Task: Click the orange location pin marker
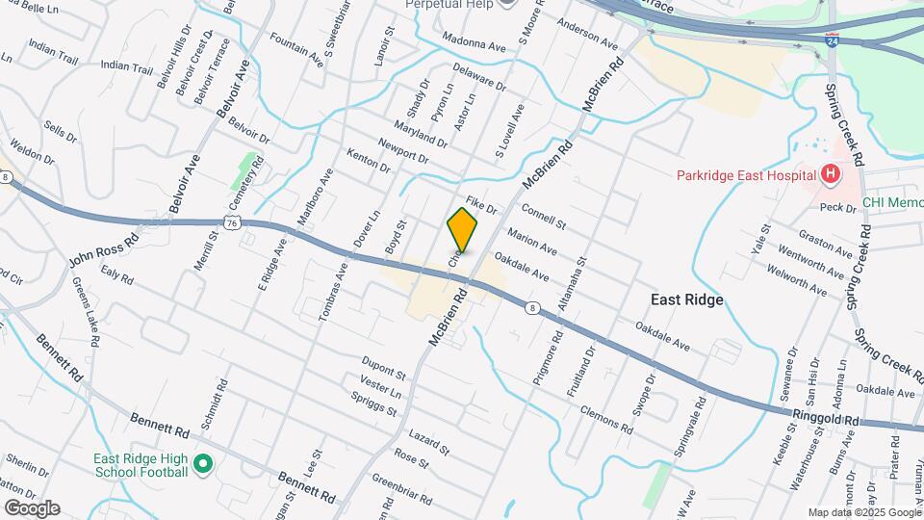(x=462, y=229)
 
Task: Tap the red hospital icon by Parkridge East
(x=830, y=174)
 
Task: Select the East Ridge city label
(x=686, y=299)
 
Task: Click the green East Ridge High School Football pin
(x=202, y=465)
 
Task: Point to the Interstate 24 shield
(x=830, y=41)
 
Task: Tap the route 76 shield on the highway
(x=232, y=221)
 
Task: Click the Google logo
(x=31, y=507)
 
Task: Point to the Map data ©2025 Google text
(x=862, y=511)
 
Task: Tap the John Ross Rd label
(x=104, y=247)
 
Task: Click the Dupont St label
(x=384, y=367)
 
